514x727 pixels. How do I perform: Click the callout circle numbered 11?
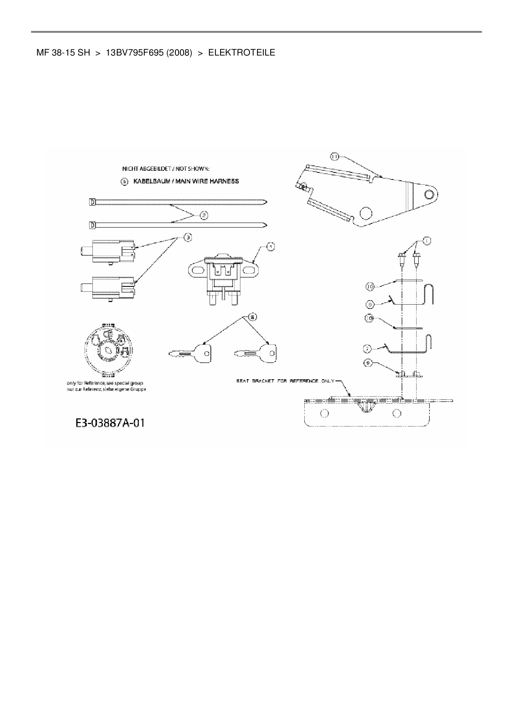pos(335,156)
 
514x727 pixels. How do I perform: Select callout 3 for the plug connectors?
pos(188,237)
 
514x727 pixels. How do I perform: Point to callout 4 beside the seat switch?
pos(270,247)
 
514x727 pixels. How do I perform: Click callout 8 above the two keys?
pos(252,317)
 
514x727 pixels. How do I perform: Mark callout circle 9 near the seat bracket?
pos(368,363)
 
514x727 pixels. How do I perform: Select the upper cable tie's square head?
pos(92,202)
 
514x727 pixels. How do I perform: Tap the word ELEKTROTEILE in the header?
pos(241,53)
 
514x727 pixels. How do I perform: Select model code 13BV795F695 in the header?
pos(134,53)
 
